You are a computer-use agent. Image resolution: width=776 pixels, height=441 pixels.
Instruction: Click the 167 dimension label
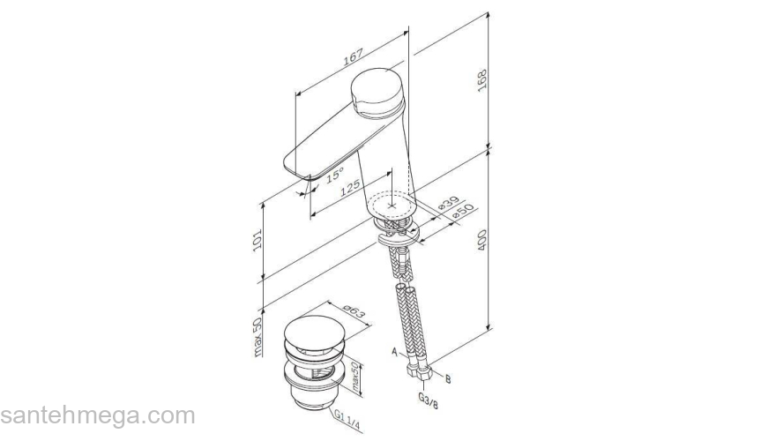353,56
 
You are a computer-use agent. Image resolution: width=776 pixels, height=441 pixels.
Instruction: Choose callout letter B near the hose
448,379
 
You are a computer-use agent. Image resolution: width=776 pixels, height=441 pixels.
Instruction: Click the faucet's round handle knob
377,92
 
